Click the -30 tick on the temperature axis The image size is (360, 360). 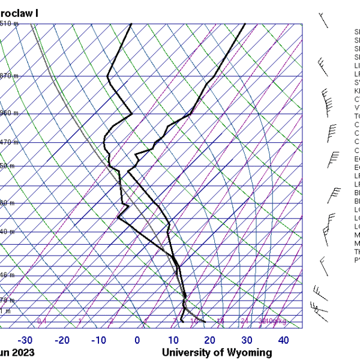pyautogui.click(x=26, y=340)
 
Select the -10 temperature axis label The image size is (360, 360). pyautogui.click(x=98, y=340)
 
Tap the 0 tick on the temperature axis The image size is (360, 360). pyautogui.click(x=137, y=340)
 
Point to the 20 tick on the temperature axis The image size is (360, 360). pyautogui.click(x=210, y=340)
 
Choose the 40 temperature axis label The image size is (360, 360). pyautogui.click(x=283, y=340)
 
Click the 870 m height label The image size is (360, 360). pyautogui.click(x=8, y=76)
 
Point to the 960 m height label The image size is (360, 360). pyautogui.click(x=8, y=113)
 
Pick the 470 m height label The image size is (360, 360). pyautogui.click(x=8, y=142)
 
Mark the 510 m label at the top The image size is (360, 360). pyautogui.click(x=8, y=23)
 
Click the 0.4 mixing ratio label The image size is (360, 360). pyautogui.click(x=42, y=322)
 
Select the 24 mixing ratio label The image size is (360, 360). pyautogui.click(x=245, y=322)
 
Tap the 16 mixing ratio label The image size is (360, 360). pyautogui.click(x=220, y=322)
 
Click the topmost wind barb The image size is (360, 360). pyautogui.click(x=323, y=20)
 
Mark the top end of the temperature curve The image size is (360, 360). pyautogui.click(x=245, y=24)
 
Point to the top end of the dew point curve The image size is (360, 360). pyautogui.click(x=131, y=24)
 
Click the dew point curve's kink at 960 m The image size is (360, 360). pyautogui.click(x=132, y=113)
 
